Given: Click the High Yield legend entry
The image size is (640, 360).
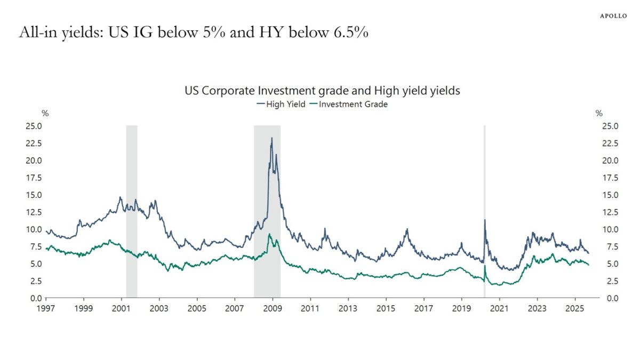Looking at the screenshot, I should point(281,105).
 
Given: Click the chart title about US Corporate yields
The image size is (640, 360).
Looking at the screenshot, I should point(322,91).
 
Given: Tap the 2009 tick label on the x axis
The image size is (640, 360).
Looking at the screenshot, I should point(273,308).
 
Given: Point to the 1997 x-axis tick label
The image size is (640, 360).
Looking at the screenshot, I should point(46,308).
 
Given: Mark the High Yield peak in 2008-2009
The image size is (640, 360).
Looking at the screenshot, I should point(272,139).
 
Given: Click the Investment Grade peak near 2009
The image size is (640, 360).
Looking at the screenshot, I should point(270,234).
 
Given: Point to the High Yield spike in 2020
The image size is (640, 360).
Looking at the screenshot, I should point(485,220).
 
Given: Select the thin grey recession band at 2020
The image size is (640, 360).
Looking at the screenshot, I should point(484,160).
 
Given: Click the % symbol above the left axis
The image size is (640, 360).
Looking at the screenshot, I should point(45,113).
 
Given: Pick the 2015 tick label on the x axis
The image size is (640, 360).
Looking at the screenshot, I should point(386,308).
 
